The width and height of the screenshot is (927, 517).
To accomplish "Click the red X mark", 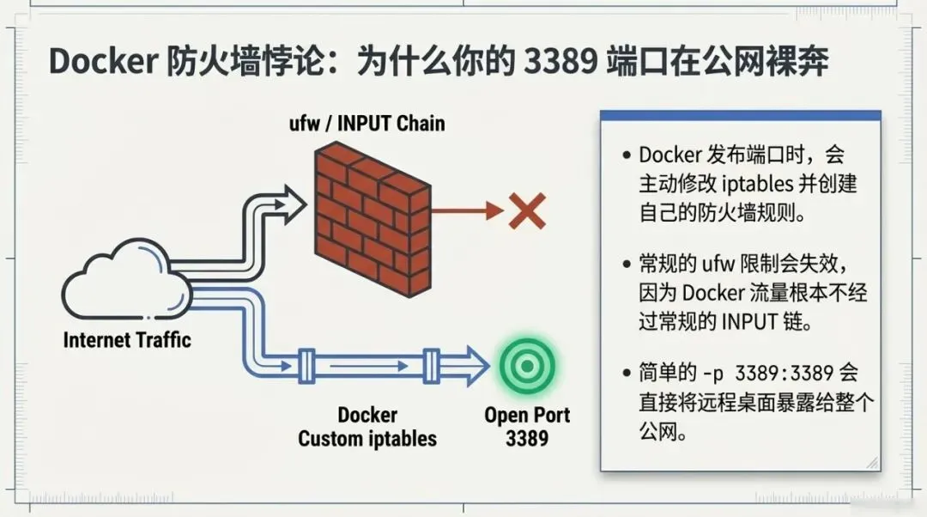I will (526, 210).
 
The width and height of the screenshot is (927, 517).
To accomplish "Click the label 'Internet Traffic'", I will (127, 339).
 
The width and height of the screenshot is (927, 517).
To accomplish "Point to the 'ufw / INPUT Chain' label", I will (367, 123).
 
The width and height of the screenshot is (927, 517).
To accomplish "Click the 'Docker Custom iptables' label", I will (367, 427).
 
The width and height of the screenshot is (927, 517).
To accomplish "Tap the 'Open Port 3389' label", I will (527, 427).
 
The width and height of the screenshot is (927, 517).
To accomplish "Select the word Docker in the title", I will (101, 62).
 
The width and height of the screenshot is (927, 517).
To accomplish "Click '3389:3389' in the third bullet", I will (779, 374).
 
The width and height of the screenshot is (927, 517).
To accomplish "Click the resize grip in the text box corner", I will (872, 463).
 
